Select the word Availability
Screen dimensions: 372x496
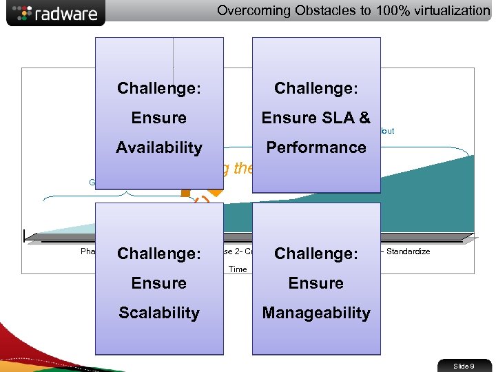click(159, 147)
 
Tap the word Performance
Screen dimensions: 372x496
click(316, 147)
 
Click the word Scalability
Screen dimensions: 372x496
click(159, 313)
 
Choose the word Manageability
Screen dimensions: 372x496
click(316, 313)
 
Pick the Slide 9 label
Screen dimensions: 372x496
click(463, 366)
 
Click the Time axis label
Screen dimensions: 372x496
click(238, 269)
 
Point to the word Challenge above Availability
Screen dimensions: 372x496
click(159, 88)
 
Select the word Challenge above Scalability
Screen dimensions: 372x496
click(159, 254)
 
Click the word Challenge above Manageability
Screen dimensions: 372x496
click(316, 254)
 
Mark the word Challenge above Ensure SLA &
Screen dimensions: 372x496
click(316, 88)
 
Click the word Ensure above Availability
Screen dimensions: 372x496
click(159, 118)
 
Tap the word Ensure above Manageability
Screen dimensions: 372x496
click(316, 283)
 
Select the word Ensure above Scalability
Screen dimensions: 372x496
click(159, 283)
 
